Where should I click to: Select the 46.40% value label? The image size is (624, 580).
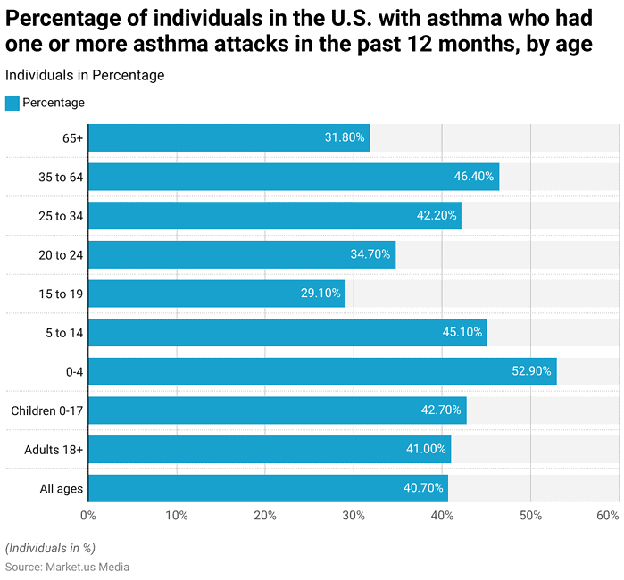pyautogui.click(x=473, y=177)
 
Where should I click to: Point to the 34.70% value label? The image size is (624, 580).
pyautogui.click(x=370, y=254)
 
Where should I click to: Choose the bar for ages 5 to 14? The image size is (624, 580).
pyautogui.click(x=287, y=333)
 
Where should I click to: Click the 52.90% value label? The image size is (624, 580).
pyautogui.click(x=530, y=371)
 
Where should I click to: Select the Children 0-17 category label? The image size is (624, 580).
pyautogui.click(x=46, y=410)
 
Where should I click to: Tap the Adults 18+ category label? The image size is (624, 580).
pyautogui.click(x=54, y=449)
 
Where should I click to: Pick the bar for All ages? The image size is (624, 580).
pyautogui.click(x=268, y=488)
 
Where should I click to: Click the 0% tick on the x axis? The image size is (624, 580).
pyautogui.click(x=87, y=516)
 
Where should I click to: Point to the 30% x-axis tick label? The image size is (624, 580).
pyautogui.click(x=354, y=516)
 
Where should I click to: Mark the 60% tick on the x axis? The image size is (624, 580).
pyautogui.click(x=608, y=516)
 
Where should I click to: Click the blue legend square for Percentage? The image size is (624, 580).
pyautogui.click(x=12, y=103)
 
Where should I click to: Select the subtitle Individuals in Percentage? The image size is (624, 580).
pyautogui.click(x=85, y=76)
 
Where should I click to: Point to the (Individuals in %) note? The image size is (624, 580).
pyautogui.click(x=50, y=548)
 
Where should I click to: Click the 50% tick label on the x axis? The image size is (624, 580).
pyautogui.click(x=530, y=516)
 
